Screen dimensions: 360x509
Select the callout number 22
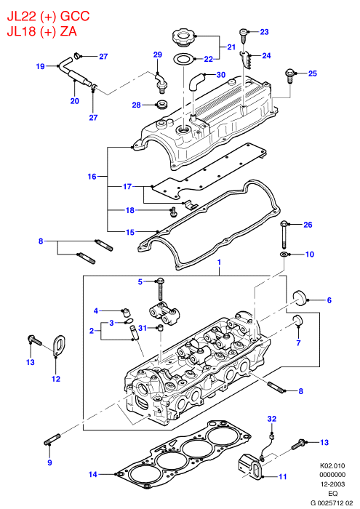click(x=209, y=59)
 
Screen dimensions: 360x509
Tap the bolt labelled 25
click(x=289, y=76)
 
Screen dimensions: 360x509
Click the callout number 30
click(x=221, y=75)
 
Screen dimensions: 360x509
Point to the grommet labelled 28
click(x=161, y=105)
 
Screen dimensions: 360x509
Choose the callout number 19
click(x=40, y=66)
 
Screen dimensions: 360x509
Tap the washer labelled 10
click(x=284, y=254)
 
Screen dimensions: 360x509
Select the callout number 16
click(x=92, y=176)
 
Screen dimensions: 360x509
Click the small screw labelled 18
click(x=173, y=212)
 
